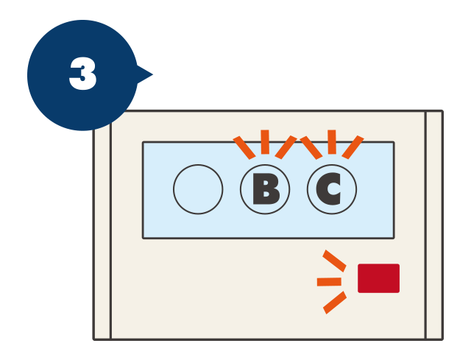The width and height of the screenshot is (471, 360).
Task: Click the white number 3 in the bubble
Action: [82, 74]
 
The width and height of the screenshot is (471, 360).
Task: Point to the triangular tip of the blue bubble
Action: [152, 74]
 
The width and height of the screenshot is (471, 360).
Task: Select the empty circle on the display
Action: [198, 189]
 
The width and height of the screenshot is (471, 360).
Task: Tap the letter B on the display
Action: [266, 189]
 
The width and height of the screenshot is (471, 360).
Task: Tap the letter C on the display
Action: [328, 189]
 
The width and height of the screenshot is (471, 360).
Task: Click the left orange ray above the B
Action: [244, 147]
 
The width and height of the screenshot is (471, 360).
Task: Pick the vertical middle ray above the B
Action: [265, 142]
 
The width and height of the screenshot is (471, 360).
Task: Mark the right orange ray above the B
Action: [286, 147]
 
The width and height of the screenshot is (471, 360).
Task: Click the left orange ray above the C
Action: [311, 147]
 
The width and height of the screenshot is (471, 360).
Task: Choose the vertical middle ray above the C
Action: [332, 142]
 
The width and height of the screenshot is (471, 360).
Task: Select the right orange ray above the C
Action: [353, 147]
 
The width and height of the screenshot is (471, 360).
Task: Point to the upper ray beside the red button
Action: [334, 261]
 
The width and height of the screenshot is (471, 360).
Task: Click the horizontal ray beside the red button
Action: [329, 282]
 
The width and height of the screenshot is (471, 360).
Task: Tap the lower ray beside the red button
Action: [335, 303]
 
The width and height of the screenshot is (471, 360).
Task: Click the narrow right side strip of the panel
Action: [434, 225]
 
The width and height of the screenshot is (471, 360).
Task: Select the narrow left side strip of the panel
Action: [102, 234]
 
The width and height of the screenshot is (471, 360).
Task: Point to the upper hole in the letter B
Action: [265, 183]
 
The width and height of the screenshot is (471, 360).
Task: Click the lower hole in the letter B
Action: [266, 194]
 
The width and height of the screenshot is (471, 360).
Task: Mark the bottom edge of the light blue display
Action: [268, 238]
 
